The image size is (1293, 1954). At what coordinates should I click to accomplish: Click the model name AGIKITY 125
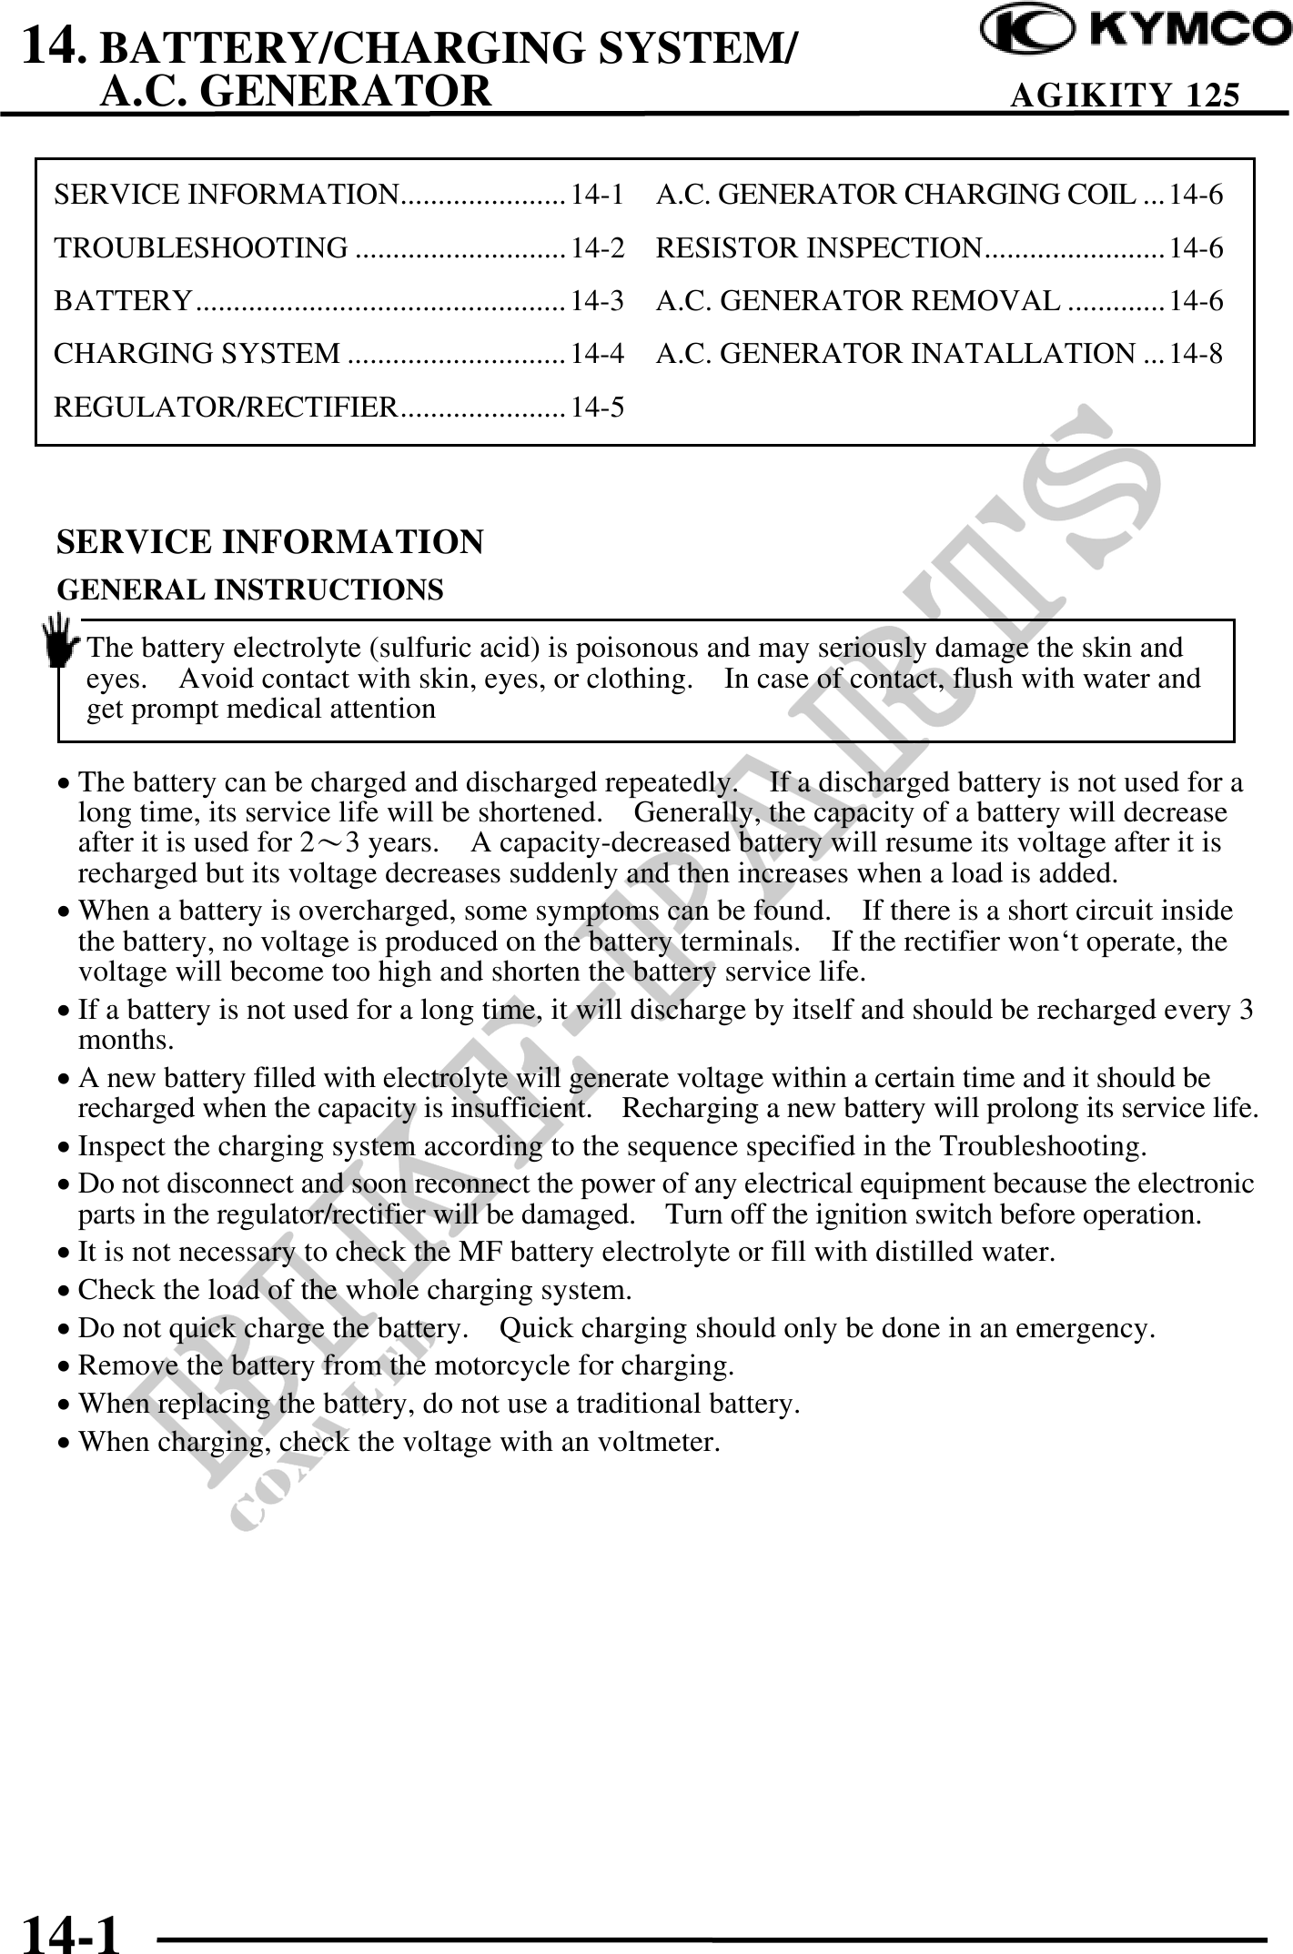(x=1125, y=95)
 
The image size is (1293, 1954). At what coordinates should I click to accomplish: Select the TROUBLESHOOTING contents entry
(x=201, y=247)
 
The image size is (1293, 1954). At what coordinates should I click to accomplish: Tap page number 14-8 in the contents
(x=1196, y=353)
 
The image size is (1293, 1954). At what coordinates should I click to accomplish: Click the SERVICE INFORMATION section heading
(x=270, y=542)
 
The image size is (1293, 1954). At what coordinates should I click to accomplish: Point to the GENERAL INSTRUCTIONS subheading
(x=250, y=589)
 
